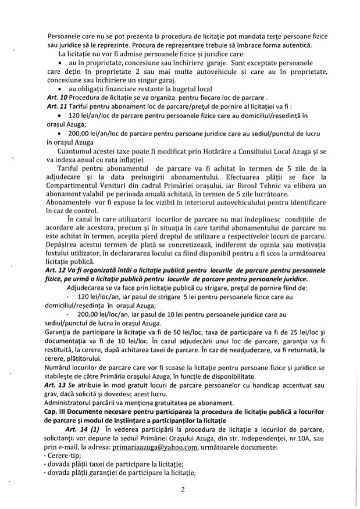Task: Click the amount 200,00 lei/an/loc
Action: coord(94,132)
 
